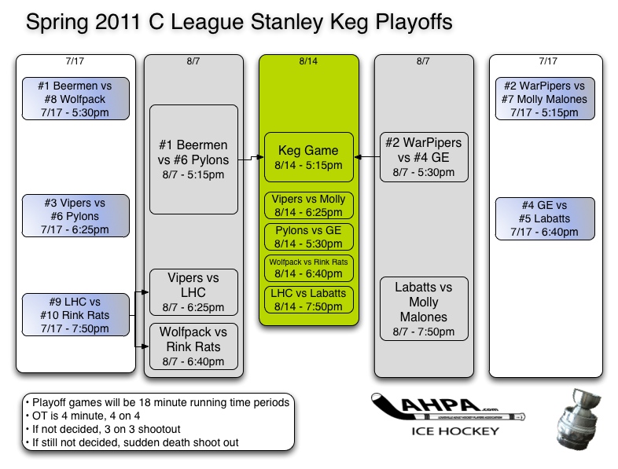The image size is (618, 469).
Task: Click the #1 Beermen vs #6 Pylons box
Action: point(193,159)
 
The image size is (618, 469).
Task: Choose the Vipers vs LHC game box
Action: point(193,292)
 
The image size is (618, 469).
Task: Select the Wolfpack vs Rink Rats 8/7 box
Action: point(193,346)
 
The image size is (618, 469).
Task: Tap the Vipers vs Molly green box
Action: point(308,206)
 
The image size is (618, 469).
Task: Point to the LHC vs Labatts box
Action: point(308,300)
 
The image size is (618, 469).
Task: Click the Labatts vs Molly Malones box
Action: point(425,309)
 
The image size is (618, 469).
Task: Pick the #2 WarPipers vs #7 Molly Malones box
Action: point(544,99)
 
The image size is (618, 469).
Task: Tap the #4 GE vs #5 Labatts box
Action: point(544,218)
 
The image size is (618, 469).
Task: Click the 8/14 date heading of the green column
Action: point(308,60)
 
